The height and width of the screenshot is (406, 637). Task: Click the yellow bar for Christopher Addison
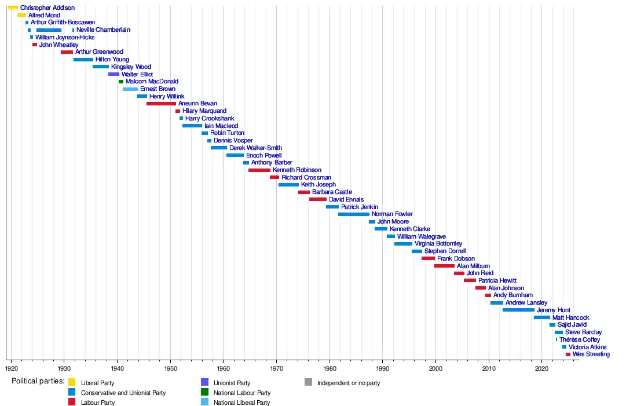point(13,8)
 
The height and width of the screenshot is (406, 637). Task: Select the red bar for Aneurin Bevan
point(161,104)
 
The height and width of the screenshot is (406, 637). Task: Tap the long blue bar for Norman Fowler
point(353,214)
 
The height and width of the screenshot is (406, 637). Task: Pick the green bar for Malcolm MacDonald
point(121,82)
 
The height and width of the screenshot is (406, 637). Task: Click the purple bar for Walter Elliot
point(114,74)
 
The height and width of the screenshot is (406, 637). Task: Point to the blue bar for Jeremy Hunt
point(518,310)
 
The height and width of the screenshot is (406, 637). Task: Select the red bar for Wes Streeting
point(568,354)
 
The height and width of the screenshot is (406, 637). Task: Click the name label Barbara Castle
point(332,192)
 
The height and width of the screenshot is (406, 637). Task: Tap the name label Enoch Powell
point(264,155)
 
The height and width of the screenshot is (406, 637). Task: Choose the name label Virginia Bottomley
point(438,244)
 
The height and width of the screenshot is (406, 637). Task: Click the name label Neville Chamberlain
point(103,30)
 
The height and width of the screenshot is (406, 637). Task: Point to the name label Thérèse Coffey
point(580,339)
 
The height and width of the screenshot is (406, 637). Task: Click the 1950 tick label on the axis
point(170,368)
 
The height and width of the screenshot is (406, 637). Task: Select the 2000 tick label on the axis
point(435,368)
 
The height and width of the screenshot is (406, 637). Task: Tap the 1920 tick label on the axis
point(11,368)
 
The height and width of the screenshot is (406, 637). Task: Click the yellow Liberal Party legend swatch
point(72,382)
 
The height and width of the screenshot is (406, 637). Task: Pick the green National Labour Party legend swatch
point(204,392)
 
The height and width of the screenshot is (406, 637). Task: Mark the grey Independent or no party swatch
point(308,382)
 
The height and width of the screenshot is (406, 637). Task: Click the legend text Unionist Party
point(232,383)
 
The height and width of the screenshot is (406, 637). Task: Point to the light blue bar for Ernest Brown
point(130,89)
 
